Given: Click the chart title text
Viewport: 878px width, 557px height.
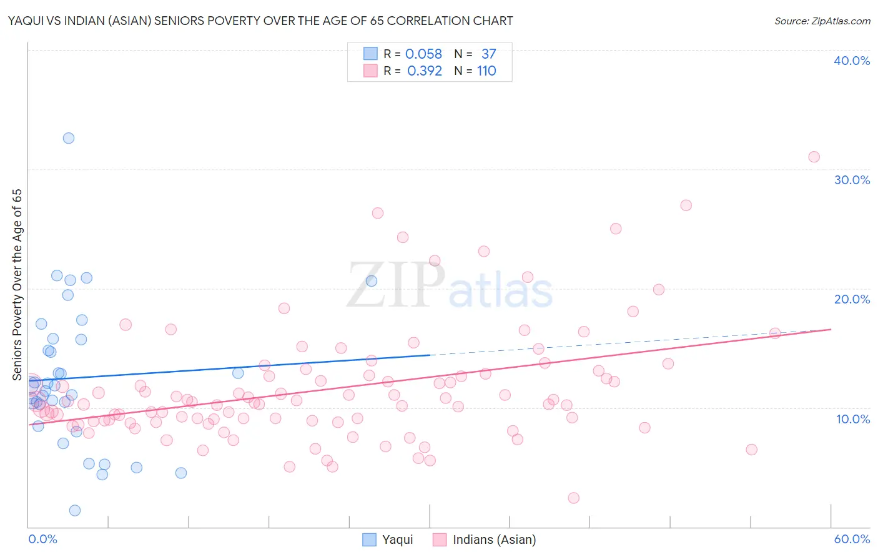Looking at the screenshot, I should point(260,21).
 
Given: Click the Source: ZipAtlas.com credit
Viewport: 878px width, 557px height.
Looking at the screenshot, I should point(822,21).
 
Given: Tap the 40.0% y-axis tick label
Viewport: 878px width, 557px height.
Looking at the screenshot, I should point(852,61).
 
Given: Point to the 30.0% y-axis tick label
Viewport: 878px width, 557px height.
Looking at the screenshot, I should point(852,180).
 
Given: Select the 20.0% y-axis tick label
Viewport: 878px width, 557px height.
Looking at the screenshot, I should point(852,299).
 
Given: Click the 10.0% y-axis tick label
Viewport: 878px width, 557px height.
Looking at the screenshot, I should point(853,419).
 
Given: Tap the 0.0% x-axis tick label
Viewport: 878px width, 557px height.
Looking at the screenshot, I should point(42,539).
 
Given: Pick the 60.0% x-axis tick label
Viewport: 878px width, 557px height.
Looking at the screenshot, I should point(852,539).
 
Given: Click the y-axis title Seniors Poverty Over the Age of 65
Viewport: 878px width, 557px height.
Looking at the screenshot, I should point(17,285).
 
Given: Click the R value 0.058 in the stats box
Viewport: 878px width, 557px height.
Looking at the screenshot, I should point(423,54).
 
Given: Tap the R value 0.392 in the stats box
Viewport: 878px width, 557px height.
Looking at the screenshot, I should point(424,71).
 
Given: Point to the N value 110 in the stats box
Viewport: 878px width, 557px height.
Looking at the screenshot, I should point(486,71).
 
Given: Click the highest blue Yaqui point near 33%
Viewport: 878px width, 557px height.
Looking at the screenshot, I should point(69,138).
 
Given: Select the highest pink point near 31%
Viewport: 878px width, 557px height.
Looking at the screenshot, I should point(814,157).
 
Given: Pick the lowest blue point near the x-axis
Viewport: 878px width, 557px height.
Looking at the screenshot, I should point(75,510).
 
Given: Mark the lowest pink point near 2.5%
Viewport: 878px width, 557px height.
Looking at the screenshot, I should point(573,498).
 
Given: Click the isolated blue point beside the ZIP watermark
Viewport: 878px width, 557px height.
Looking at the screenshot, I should point(372,281).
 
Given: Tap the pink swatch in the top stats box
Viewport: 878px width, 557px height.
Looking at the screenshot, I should point(370,71).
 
